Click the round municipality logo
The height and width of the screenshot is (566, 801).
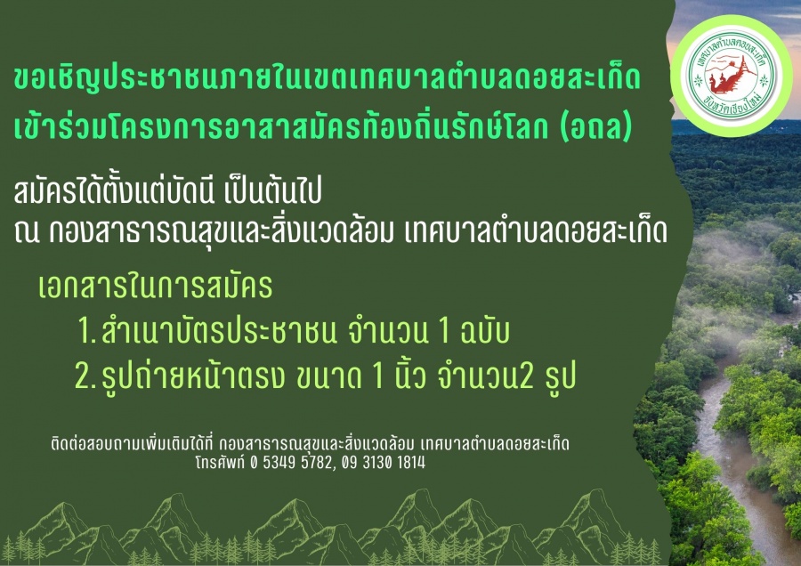(731, 77)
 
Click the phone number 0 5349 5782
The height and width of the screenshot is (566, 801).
(291, 462)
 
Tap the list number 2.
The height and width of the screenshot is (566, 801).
(85, 376)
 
